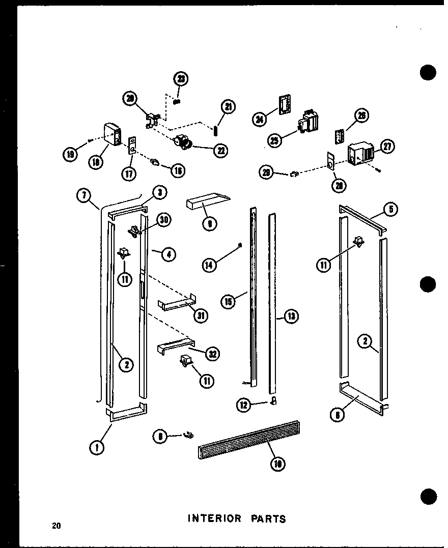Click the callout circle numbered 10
pyautogui.click(x=278, y=464)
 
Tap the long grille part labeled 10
pyautogui.click(x=248, y=438)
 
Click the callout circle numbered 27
pyautogui.click(x=387, y=147)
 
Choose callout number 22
pyautogui.click(x=220, y=151)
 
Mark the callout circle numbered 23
pyautogui.click(x=181, y=79)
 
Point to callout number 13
pyautogui.click(x=291, y=317)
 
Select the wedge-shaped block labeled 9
pyautogui.click(x=207, y=203)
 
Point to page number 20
pyautogui.click(x=55, y=526)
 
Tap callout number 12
pyautogui.click(x=244, y=405)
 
